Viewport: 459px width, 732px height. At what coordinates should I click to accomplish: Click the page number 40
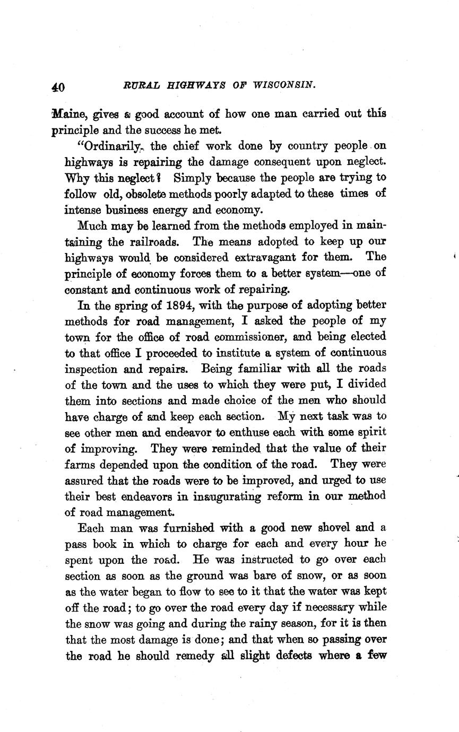pos(58,87)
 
